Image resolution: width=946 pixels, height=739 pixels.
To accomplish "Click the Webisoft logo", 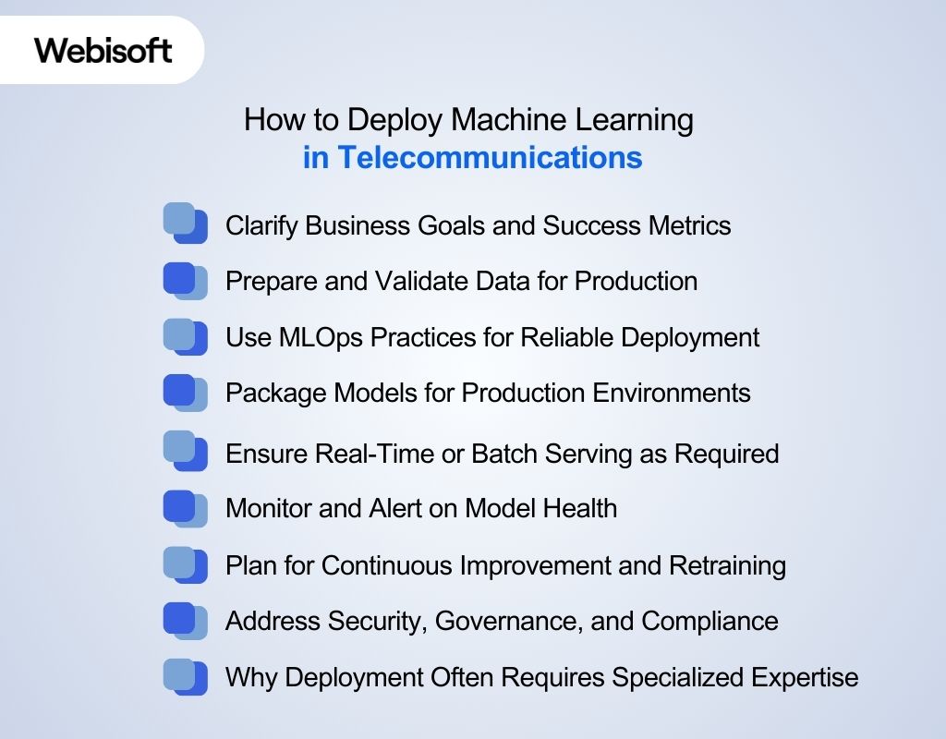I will pos(103,50).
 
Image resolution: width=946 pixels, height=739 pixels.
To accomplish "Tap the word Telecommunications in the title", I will pos(488,158).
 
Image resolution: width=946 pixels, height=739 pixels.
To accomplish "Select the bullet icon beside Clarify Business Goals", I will pos(185,224).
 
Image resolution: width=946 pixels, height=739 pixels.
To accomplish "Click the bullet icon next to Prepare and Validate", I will pos(185,281).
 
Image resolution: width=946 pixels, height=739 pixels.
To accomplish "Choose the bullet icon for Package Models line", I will pos(185,393).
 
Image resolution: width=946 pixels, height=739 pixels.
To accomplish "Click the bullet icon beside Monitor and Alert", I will pos(185,508).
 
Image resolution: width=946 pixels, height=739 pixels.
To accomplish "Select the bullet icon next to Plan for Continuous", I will pos(185,564).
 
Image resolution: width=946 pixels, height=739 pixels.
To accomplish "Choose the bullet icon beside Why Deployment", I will pos(185,676).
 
